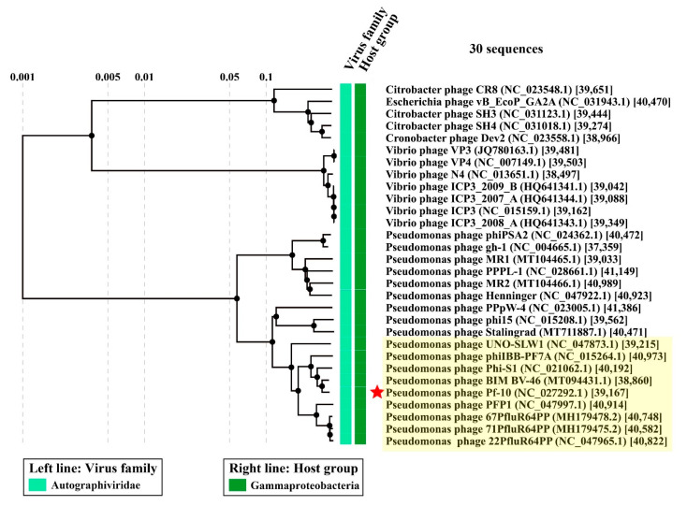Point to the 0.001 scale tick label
pos(22,77)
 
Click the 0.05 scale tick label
pos(229,77)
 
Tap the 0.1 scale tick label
pos(266,77)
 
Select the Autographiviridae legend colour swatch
pos(37,486)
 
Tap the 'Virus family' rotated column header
pos(349,42)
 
